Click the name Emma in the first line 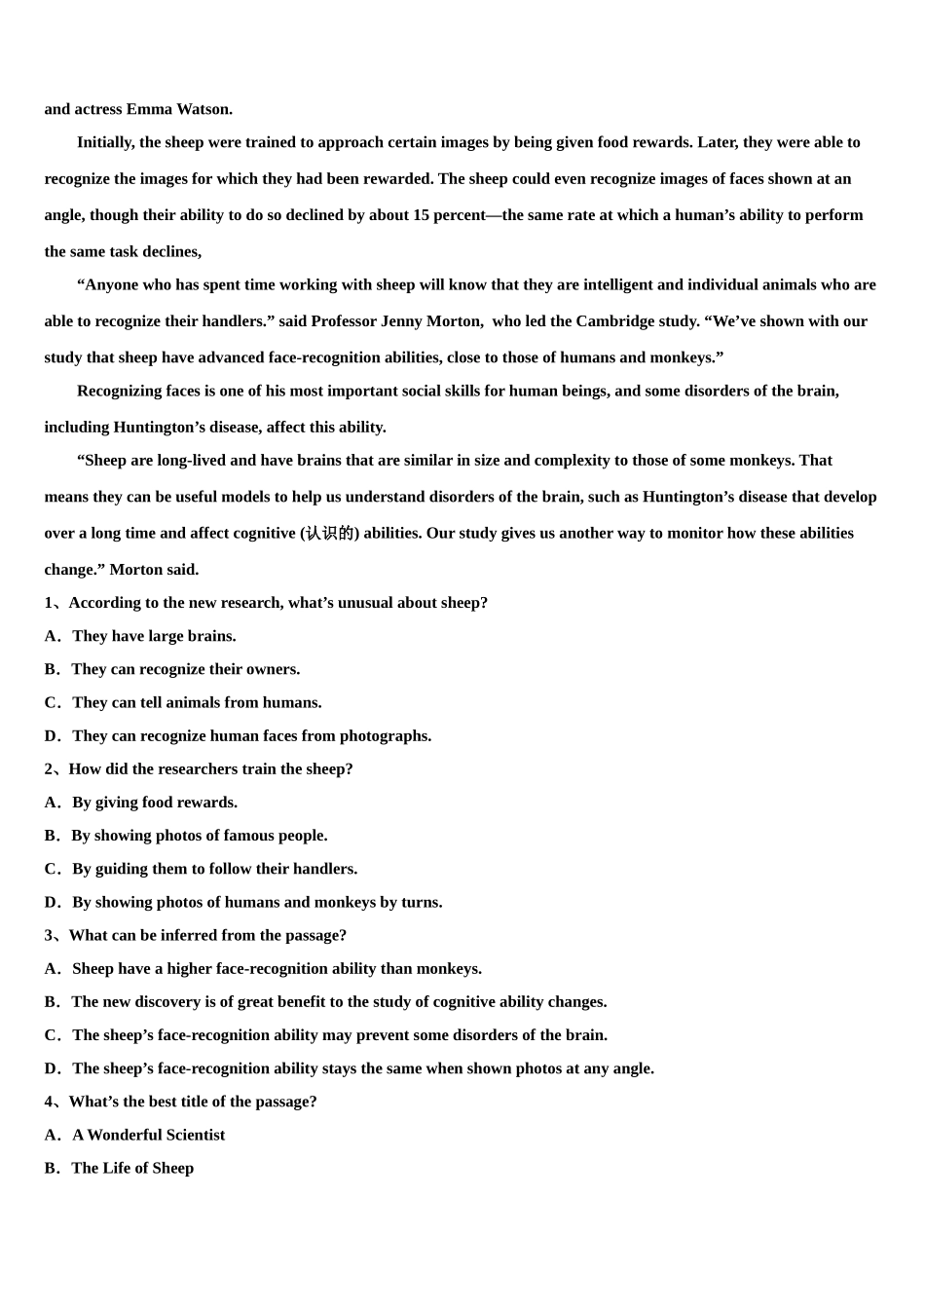click(148, 109)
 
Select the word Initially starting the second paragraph click(106, 142)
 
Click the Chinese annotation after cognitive click(329, 534)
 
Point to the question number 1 click(49, 603)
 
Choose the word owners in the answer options click(273, 669)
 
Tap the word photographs click(386, 735)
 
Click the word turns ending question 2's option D click(421, 902)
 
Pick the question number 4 click(49, 1102)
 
